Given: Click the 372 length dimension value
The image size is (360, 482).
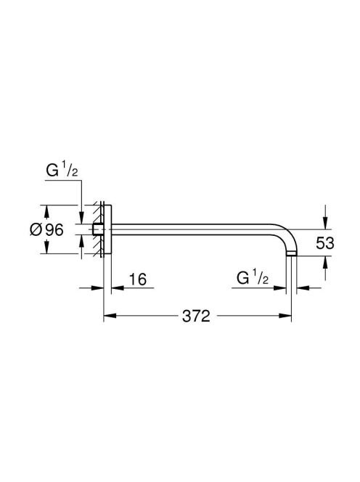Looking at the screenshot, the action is click(196, 316).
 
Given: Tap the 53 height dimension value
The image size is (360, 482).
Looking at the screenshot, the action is click(325, 243).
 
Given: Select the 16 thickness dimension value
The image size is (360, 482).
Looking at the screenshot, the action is click(138, 279).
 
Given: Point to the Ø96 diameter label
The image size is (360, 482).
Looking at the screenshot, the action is click(46, 229).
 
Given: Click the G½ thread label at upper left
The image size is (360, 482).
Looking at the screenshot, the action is click(62, 171).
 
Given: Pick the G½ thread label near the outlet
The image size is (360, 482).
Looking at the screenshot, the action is click(253, 278).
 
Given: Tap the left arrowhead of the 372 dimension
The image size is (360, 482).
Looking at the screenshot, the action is click(110, 315).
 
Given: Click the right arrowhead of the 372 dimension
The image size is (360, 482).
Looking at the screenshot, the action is click(285, 315).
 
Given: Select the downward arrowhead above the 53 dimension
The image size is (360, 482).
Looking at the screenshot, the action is click(325, 223).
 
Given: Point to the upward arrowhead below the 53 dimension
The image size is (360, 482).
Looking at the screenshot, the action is click(325, 262).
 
